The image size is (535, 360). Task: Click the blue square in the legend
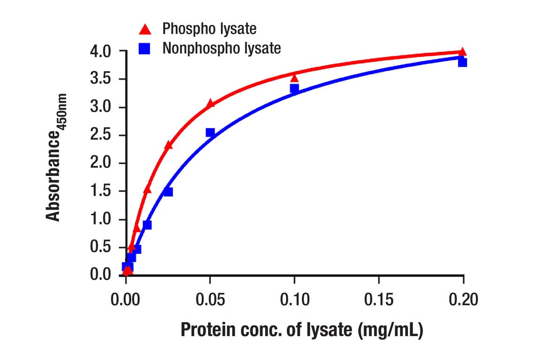(145, 48)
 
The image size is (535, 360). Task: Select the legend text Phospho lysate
(209, 29)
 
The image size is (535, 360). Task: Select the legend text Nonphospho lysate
(221, 48)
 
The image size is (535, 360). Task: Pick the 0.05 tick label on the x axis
(210, 299)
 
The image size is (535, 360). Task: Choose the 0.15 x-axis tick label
(379, 299)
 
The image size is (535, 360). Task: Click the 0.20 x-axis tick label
(463, 299)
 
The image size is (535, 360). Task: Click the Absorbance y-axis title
(56, 157)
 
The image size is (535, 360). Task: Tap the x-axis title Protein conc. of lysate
(302, 330)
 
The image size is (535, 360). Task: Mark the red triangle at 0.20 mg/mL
(463, 52)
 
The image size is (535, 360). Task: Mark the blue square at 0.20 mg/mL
(463, 62)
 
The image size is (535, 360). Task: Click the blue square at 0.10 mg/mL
(294, 88)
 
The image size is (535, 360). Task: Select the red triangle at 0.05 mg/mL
(211, 103)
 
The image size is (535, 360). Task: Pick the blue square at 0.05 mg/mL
(211, 133)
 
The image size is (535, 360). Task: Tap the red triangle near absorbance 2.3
(168, 145)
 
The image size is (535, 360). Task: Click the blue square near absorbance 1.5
(168, 192)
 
